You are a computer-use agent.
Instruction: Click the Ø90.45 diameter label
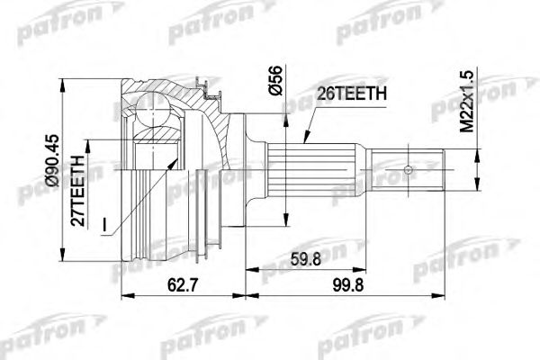[54, 160]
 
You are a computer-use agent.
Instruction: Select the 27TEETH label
[77, 191]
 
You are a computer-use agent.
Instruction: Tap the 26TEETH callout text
[352, 94]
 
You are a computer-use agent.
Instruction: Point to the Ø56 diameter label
[275, 81]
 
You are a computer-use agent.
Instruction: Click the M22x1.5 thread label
[467, 102]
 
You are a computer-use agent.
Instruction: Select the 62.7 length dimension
[183, 285]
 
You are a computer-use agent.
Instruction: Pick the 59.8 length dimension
[305, 259]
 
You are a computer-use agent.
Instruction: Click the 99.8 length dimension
[347, 285]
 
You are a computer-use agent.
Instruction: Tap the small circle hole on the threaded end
[408, 170]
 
